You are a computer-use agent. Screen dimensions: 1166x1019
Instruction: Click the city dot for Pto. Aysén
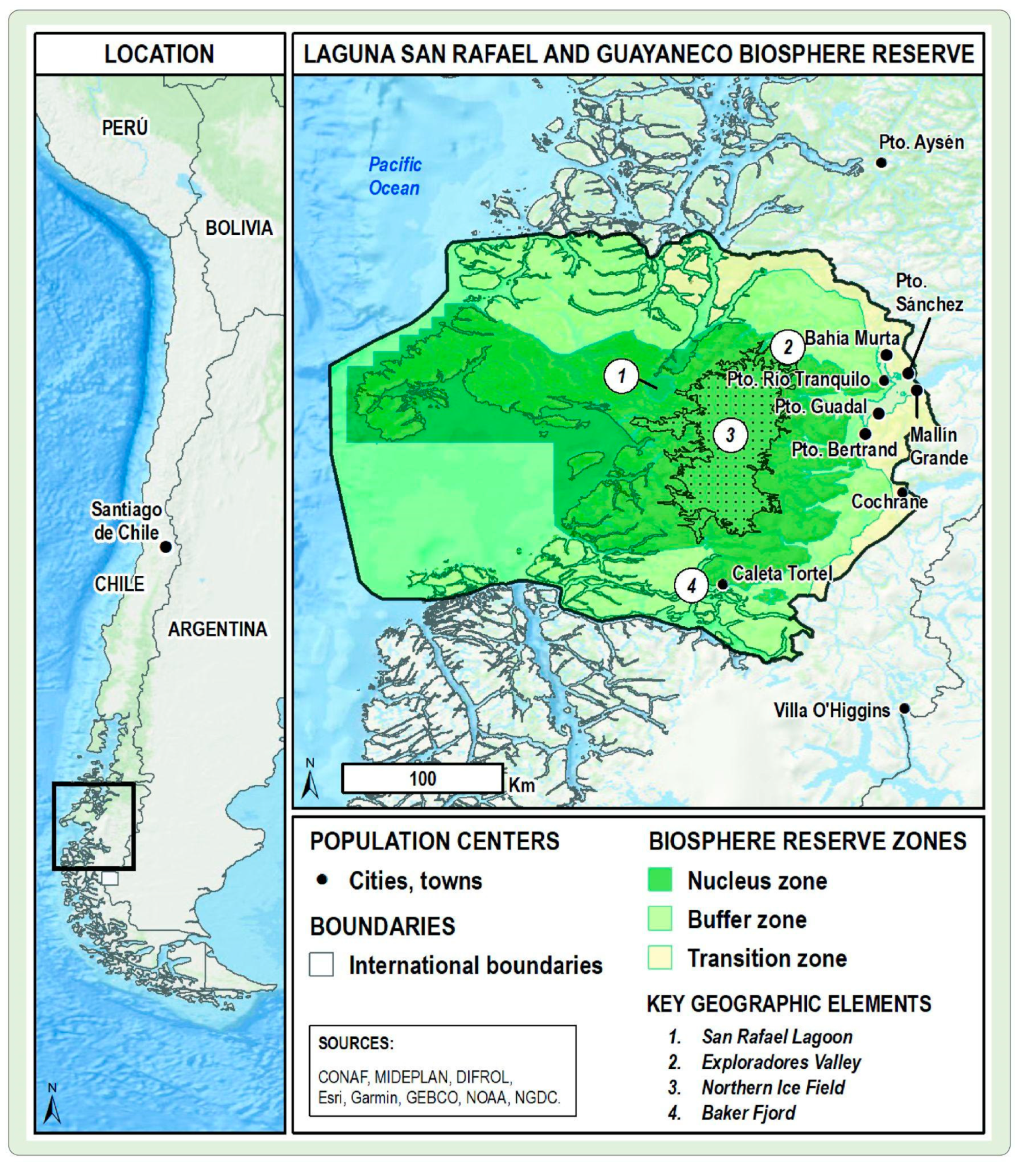[x=882, y=163]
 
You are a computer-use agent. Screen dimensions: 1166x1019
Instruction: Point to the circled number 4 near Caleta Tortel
[x=691, y=586]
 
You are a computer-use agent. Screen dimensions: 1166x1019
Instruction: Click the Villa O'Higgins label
[x=831, y=710]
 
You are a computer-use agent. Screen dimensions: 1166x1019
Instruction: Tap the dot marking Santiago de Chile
[x=166, y=547]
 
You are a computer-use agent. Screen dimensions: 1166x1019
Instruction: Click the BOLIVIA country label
[x=239, y=228]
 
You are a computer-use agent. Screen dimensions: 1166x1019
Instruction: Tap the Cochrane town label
[x=889, y=502]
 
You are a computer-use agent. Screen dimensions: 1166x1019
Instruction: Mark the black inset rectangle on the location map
[x=94, y=826]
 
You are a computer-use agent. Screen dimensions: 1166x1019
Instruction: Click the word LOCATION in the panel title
[x=159, y=54]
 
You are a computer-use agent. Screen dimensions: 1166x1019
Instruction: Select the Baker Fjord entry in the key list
[x=748, y=1113]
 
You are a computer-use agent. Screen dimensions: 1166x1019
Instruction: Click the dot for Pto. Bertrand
[x=865, y=434]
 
